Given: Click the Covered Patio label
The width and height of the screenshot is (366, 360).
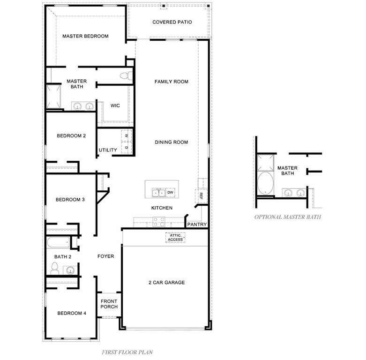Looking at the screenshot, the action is coord(172,22).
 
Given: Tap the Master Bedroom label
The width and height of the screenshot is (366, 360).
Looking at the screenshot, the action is coord(85,36).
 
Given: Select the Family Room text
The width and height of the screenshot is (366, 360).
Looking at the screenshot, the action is coord(172,82).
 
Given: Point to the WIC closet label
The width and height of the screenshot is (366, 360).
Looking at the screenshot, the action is coord(115,105).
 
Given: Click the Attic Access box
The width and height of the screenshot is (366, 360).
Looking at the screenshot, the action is coord(175,238).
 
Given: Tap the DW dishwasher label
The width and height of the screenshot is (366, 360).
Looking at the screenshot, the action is coord(171,192).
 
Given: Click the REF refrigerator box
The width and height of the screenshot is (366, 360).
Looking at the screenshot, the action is coord(201,196).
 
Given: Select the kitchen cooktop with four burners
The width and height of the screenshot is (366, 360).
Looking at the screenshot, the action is coord(159,222).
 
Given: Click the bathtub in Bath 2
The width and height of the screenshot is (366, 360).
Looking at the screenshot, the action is coord(58,242).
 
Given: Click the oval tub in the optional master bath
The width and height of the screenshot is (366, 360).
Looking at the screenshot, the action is coord(265,183).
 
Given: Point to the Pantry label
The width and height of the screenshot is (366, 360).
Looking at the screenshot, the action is coord(197,225).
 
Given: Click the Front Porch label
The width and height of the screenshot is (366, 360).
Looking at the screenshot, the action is coord(109,304).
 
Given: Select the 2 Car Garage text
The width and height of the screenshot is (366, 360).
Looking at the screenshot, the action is coord(167,283).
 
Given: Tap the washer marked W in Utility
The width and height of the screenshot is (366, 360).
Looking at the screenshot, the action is coord(127,135).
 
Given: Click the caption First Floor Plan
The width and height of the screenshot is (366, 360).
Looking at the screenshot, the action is coord(127,352).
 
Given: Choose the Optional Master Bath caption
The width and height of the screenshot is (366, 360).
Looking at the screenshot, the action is coord(288,217).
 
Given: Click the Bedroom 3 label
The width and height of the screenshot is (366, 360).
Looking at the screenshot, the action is coord(70,200).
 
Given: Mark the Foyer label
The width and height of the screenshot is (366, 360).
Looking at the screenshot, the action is coord(106,256).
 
